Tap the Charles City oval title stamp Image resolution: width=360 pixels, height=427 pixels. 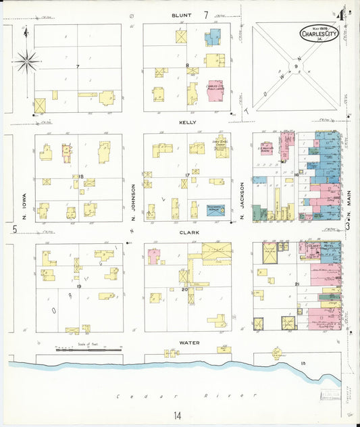319,34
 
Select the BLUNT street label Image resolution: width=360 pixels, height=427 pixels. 181,14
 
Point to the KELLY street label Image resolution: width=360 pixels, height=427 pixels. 187,122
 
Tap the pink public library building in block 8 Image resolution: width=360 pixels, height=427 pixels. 215,91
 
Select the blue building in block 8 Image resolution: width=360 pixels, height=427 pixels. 213,36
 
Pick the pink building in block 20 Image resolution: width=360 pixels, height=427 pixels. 154,256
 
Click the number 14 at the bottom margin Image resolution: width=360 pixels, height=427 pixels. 177,415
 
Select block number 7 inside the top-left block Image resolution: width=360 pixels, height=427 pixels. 78,66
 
